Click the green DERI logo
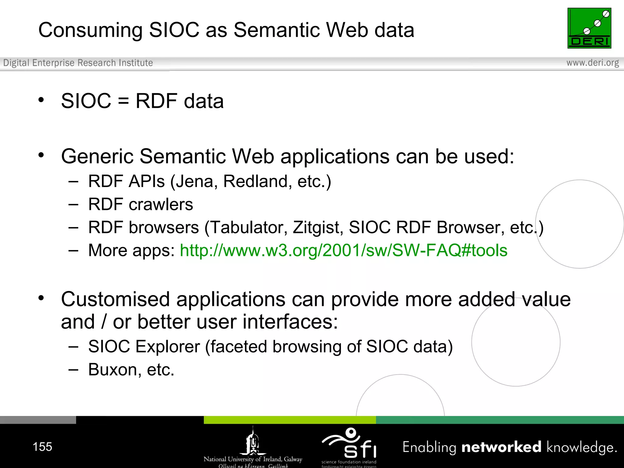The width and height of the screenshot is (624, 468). [589, 28]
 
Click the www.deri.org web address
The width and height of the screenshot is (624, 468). [592, 63]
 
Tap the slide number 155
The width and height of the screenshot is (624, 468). [42, 447]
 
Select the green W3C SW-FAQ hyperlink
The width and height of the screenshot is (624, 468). [343, 250]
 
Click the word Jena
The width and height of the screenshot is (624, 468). [194, 182]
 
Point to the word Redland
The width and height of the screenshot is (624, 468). [256, 182]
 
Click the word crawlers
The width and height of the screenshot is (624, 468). [161, 204]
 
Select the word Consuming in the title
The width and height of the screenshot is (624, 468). [90, 30]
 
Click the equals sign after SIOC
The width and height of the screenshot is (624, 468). [123, 101]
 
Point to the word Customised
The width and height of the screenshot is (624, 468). [115, 299]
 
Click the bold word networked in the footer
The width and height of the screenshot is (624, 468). [501, 447]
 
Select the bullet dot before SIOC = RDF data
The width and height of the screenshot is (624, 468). [41, 100]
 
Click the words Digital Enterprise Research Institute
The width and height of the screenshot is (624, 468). [78, 63]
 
